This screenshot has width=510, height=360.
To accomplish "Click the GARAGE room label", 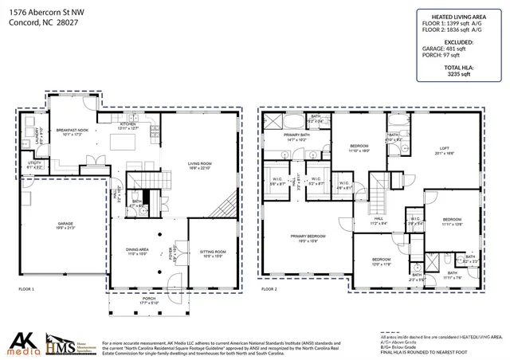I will pyautogui.click(x=66, y=225).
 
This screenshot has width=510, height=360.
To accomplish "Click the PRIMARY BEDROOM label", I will pyautogui.click(x=307, y=236).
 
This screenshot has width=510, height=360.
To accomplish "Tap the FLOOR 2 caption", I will pyautogui.click(x=269, y=288).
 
